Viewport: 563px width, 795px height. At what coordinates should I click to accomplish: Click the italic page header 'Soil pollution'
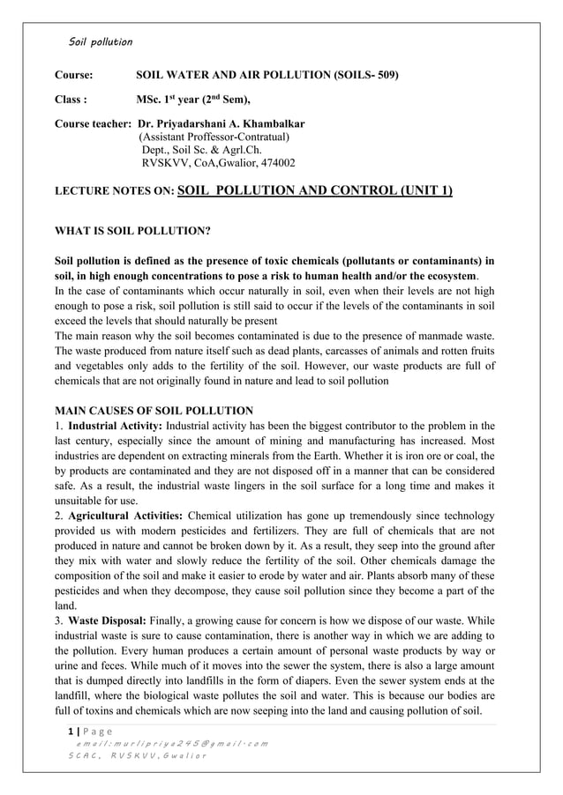[x=101, y=41]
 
